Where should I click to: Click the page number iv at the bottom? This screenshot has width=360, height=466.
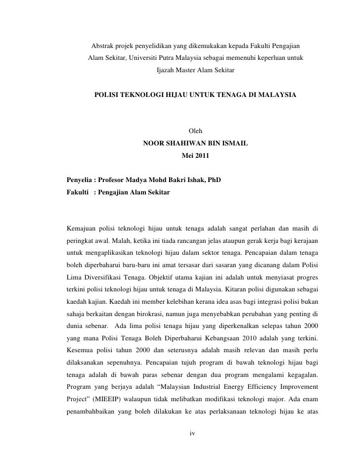[193, 434]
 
